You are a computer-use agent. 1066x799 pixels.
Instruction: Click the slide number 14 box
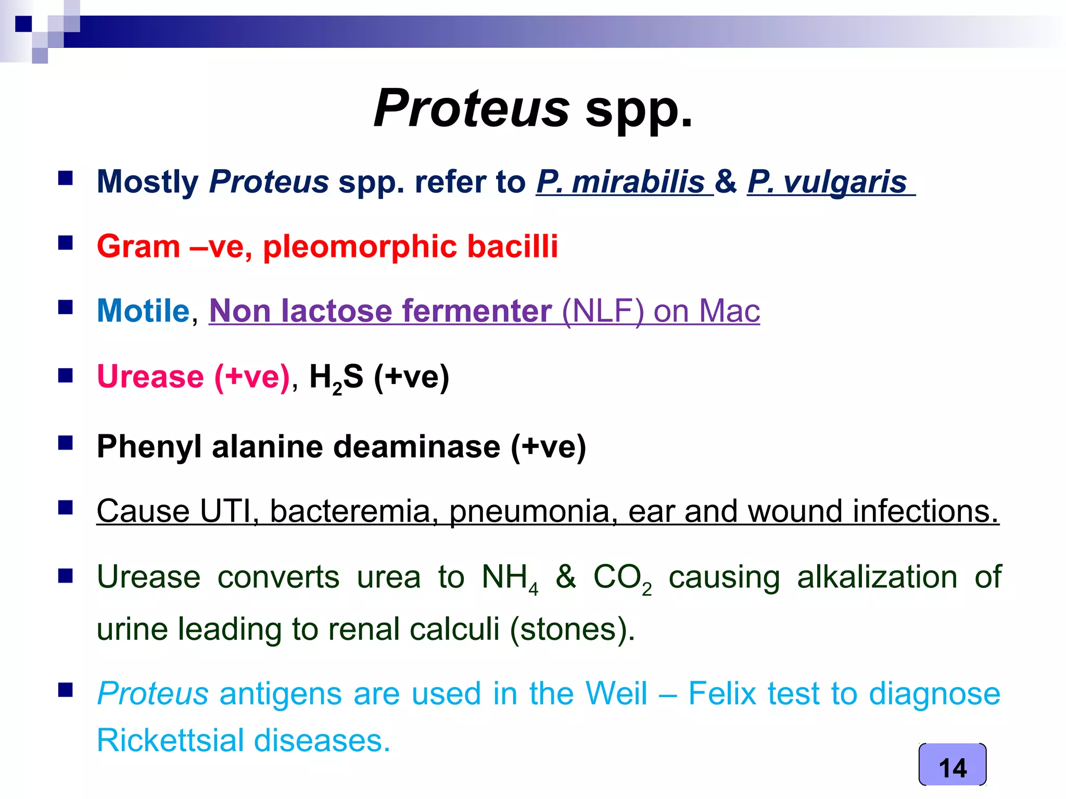coord(952,765)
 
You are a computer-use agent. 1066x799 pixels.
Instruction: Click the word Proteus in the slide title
coord(472,108)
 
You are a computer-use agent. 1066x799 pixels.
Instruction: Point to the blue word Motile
coord(143,311)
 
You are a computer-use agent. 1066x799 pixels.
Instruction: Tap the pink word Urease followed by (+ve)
coord(150,377)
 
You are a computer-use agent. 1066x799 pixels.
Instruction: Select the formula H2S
coord(336,378)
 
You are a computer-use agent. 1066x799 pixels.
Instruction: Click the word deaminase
coord(416,447)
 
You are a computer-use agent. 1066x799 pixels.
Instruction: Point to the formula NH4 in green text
coord(509,578)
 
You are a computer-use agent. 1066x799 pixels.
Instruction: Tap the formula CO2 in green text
coord(621,578)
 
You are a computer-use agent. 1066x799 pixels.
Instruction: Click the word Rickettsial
coord(170,741)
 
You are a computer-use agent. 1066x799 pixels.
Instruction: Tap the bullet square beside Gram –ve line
coord(66,243)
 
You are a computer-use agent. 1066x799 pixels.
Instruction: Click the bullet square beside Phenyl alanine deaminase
coord(66,443)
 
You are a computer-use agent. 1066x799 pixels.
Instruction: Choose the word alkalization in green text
coord(877,577)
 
